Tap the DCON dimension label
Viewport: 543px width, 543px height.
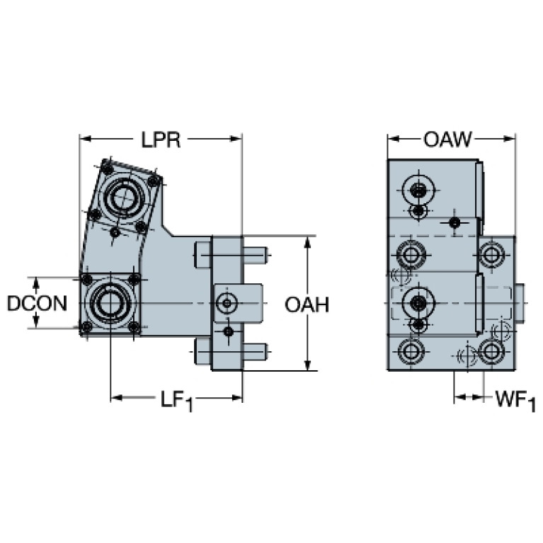[37, 304]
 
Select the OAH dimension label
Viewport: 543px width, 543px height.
[307, 304]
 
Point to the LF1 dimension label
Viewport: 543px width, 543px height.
[176, 400]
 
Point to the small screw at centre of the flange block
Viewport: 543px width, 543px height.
[226, 304]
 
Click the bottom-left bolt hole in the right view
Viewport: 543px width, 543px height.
[411, 350]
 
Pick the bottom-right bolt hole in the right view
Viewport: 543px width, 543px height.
[491, 350]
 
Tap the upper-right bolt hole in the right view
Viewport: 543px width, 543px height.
[491, 253]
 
